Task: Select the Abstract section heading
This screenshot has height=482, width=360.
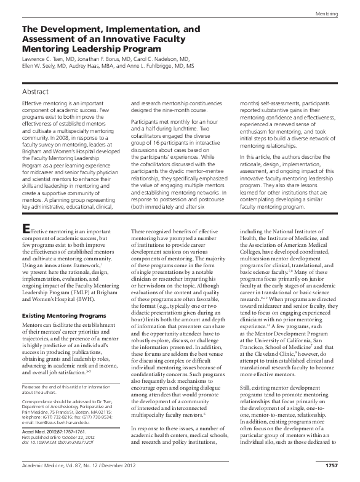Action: tap(36, 91)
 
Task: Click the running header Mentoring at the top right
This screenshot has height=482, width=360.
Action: tap(335, 13)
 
